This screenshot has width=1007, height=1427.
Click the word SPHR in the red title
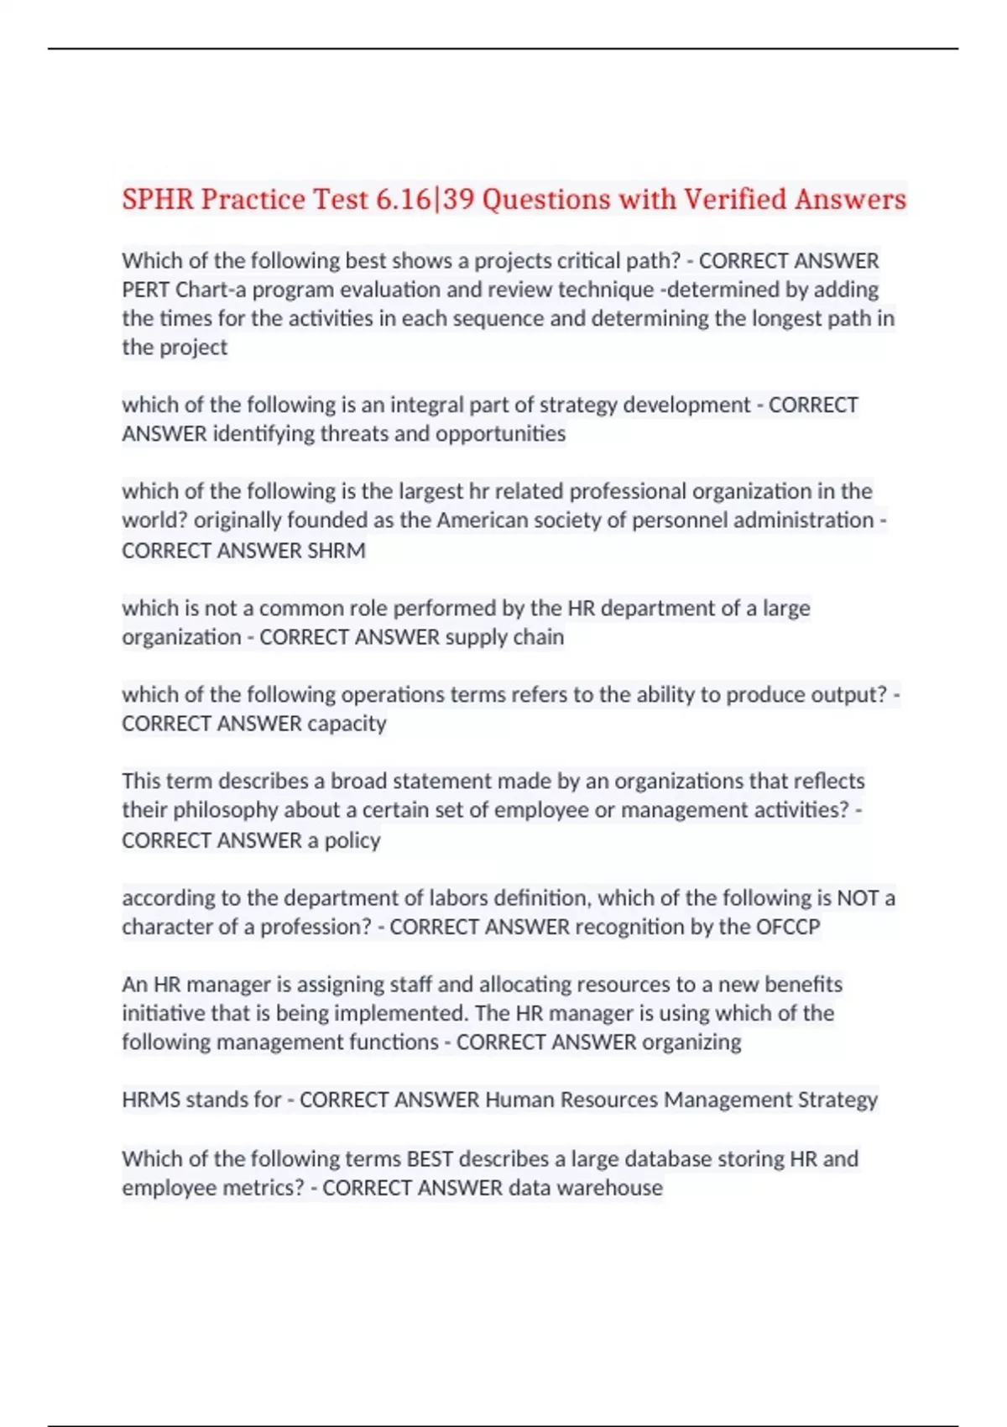158,200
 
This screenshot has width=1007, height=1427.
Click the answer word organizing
691,1043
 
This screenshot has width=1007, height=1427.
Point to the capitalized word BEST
430,1159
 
